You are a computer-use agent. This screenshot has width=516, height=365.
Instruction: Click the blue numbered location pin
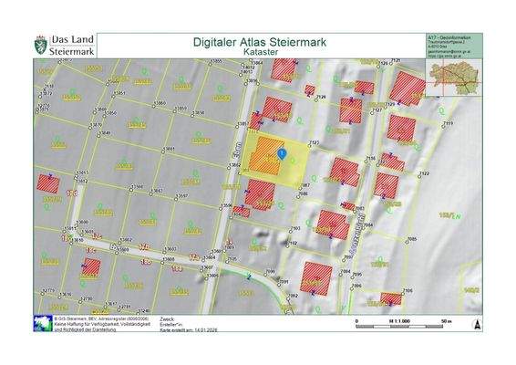282,154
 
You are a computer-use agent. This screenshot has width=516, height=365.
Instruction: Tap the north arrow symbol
473,323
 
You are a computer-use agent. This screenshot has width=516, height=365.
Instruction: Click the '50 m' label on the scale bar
447,323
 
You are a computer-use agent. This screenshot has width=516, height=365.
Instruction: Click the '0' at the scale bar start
357,323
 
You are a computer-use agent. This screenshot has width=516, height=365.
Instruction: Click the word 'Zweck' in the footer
166,318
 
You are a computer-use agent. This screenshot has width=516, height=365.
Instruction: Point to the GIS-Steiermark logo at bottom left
42,322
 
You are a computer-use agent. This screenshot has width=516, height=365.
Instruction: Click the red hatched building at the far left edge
48,183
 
